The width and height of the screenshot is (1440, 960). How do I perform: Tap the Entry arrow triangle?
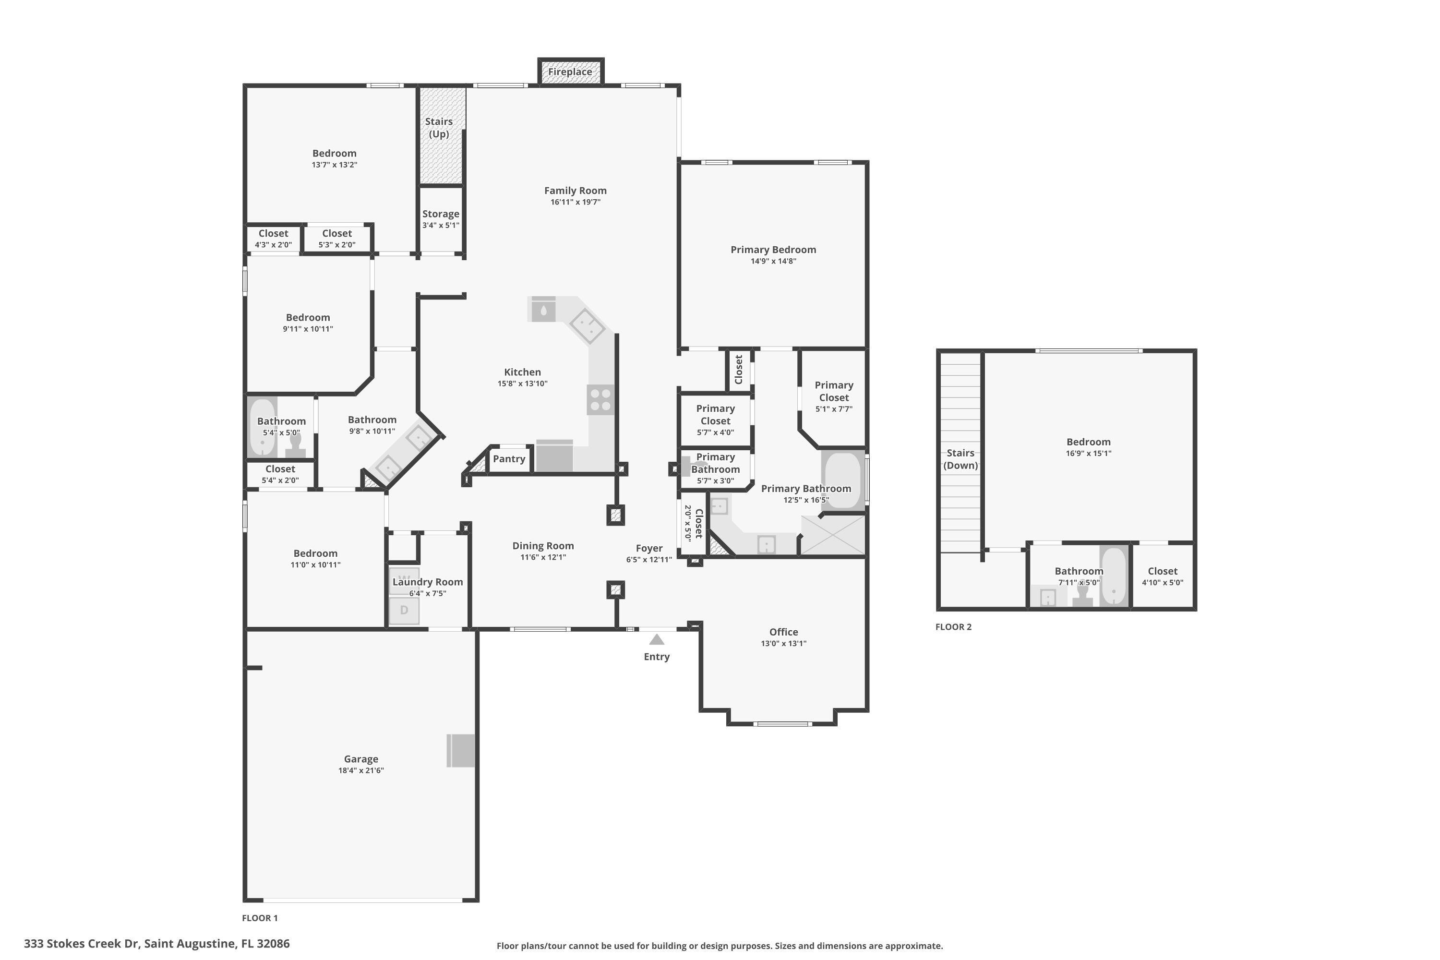coord(656,640)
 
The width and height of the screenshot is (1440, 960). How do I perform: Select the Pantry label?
coord(509,458)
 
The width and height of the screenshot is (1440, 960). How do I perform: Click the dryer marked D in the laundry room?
coord(404,611)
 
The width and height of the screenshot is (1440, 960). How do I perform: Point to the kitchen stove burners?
coord(600,399)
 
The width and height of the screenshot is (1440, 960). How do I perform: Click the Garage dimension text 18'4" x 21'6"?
coord(360,770)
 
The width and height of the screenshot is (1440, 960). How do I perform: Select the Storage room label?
coord(441,214)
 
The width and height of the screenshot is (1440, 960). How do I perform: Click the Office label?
coord(784,632)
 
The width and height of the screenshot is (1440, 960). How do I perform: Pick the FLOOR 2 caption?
coord(953,627)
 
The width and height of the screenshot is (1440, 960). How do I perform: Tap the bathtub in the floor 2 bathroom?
coord(1114,576)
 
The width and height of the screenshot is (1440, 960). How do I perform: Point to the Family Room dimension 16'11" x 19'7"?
coord(575,202)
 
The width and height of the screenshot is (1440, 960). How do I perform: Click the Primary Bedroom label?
coord(773,250)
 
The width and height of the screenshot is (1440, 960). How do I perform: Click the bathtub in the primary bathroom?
coord(843,480)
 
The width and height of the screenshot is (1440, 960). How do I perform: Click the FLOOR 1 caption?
coord(260,918)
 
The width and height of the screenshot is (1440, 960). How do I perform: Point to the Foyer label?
coord(649,549)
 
